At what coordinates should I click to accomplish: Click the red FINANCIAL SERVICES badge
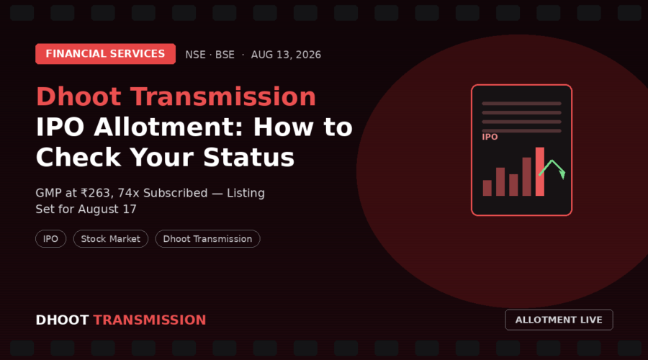(105, 54)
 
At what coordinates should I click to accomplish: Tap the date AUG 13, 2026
(286, 55)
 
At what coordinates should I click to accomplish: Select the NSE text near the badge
(195, 55)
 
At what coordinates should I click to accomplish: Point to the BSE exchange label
(225, 55)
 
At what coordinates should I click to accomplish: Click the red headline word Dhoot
(79, 96)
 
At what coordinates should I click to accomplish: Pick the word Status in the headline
(249, 158)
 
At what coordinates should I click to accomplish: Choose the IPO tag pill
(51, 239)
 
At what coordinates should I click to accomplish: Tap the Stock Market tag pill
(111, 239)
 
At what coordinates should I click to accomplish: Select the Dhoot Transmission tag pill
(207, 239)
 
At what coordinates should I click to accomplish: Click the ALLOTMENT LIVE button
(559, 320)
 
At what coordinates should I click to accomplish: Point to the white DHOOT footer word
(62, 320)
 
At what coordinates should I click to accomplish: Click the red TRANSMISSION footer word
(150, 320)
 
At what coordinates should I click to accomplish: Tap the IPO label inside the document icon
(490, 137)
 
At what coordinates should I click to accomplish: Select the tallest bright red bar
(540, 171)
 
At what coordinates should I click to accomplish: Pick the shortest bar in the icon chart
(487, 188)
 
